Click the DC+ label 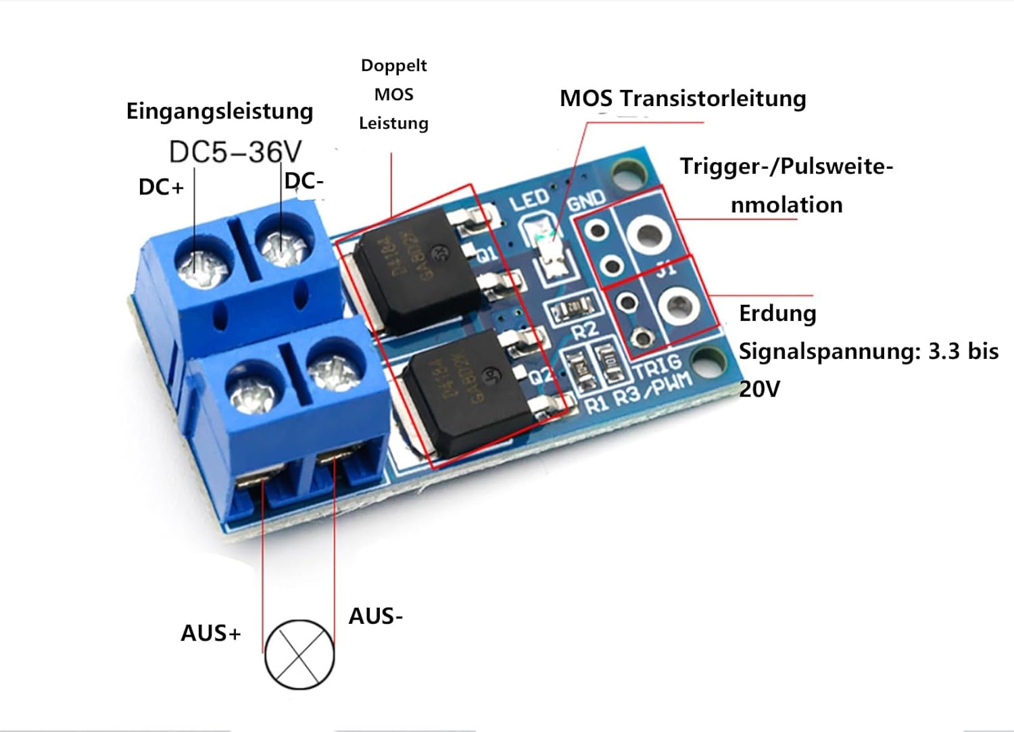[x=161, y=187]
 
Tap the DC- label [x=304, y=181]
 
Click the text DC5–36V [x=235, y=152]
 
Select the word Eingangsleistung [x=220, y=111]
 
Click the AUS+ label [x=211, y=633]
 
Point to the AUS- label [x=376, y=616]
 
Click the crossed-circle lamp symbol [x=299, y=654]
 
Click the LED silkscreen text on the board [x=529, y=200]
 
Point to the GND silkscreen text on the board [x=586, y=199]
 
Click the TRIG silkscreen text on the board [x=656, y=367]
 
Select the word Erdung [x=777, y=314]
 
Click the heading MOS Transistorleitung [x=683, y=99]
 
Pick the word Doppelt [x=393, y=66]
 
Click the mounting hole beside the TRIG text [x=706, y=362]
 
